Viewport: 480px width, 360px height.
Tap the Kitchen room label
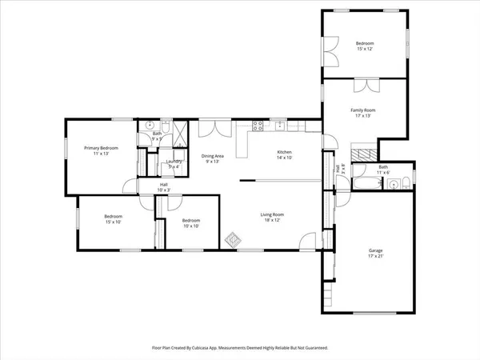coord(284,154)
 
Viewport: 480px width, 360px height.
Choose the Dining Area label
coord(212,158)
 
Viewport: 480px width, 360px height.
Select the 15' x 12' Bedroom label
coord(365,46)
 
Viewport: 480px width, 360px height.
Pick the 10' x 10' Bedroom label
coord(190,223)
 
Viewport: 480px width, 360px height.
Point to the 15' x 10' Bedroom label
coord(112,219)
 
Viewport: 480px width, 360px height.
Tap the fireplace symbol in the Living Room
coord(234,238)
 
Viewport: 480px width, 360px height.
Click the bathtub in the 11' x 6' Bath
coord(367,185)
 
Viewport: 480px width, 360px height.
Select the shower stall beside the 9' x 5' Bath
coord(178,130)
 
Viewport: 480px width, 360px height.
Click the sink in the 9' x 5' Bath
coord(150,126)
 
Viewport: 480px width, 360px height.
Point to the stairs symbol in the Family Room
coord(364,154)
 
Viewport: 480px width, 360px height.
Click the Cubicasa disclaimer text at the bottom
coord(240,348)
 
